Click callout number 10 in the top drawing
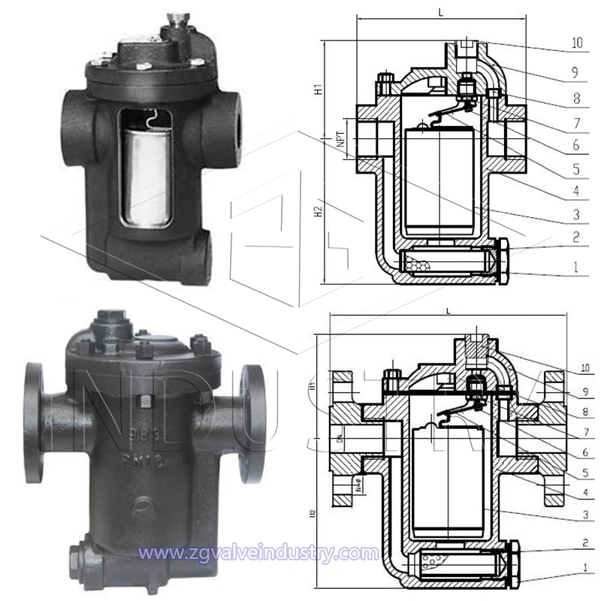[x=576, y=44]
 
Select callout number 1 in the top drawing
[x=576, y=267]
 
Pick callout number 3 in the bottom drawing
[x=576, y=515]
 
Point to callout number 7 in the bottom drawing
[x=576, y=433]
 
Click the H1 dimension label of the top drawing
[x=318, y=89]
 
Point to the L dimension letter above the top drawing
[x=440, y=13]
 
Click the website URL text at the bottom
[x=260, y=554]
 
